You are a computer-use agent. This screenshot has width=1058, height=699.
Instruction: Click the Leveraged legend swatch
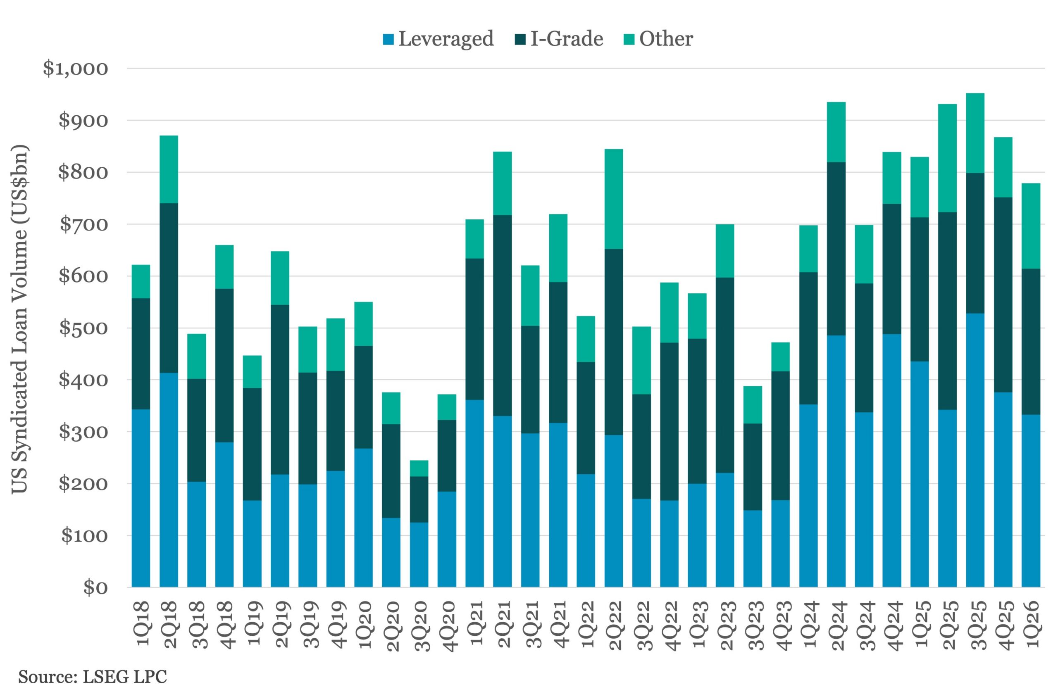tap(388, 40)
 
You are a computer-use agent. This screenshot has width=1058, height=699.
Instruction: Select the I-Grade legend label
tap(567, 39)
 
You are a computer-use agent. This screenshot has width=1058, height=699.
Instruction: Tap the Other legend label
tap(666, 39)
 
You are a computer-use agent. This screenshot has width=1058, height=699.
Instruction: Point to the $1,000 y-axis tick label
tap(75, 69)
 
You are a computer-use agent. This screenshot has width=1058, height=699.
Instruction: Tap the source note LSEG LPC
tap(92, 677)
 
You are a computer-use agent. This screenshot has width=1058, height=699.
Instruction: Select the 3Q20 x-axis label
tap(420, 626)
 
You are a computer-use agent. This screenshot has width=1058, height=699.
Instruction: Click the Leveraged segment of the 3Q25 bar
tap(975, 450)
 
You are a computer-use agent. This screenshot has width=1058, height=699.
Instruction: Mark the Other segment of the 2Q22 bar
tap(614, 199)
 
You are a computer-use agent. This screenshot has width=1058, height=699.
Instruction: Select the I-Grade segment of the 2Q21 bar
tap(503, 316)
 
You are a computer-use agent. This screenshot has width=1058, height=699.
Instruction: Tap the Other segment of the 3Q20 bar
tap(419, 468)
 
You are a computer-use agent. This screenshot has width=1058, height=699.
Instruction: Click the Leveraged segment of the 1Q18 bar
tap(141, 498)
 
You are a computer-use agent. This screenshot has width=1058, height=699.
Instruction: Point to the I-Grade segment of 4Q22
tap(670, 421)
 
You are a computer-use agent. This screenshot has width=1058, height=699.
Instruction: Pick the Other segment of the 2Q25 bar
tap(947, 158)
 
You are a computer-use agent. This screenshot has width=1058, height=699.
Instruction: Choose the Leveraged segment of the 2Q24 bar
tap(836, 461)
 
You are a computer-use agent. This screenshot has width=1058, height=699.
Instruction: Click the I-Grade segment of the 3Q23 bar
tap(753, 467)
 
